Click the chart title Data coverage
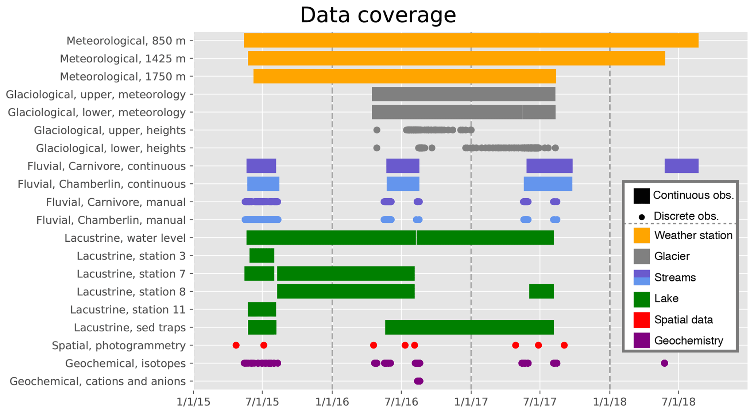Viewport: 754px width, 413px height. tap(378, 15)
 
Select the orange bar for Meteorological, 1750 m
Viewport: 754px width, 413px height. tap(405, 76)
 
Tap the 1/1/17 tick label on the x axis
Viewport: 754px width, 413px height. tap(471, 402)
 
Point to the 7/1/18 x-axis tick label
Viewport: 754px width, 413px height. tap(678, 402)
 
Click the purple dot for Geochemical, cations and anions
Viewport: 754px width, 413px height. tap(418, 381)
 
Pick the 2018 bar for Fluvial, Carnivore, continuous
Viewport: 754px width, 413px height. tap(681, 166)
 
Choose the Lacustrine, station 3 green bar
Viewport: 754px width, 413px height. tap(262, 256)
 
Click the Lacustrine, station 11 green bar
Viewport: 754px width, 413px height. tap(262, 309)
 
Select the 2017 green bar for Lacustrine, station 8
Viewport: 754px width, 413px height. tap(541, 291)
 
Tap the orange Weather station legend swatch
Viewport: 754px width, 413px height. tap(641, 235)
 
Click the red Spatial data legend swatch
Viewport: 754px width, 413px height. tap(641, 320)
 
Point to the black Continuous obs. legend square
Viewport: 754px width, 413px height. tap(641, 196)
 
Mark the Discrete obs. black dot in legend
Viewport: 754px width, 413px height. tap(642, 217)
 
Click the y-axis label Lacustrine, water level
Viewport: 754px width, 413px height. tap(125, 238)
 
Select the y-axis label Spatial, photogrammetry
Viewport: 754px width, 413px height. tap(119, 345)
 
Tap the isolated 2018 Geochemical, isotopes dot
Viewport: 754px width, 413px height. tap(664, 363)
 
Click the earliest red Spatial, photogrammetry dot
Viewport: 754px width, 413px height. tap(236, 345)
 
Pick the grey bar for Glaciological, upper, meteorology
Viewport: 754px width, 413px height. tap(463, 94)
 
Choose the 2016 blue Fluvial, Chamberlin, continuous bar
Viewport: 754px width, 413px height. tap(403, 184)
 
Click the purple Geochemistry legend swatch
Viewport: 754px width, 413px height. tap(641, 340)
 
